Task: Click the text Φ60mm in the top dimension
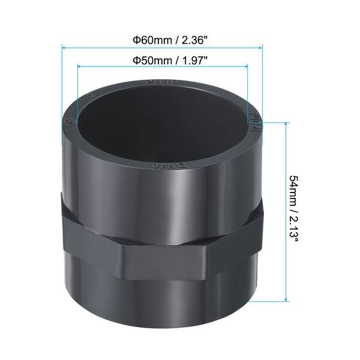coord(146,39)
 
